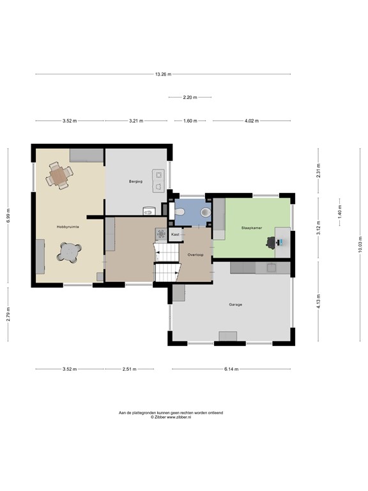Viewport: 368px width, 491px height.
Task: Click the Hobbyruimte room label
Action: click(67, 226)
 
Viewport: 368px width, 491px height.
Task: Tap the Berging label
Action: click(135, 182)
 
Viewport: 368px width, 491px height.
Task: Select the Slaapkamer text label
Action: click(251, 227)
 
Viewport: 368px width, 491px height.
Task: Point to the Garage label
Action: click(236, 304)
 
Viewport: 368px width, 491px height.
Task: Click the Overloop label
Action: click(195, 254)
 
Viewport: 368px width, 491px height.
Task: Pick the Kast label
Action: click(175, 235)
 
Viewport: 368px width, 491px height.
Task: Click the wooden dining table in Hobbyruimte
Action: click(59, 176)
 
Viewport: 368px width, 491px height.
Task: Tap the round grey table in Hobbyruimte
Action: click(69, 253)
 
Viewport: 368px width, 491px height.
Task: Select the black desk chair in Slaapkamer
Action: click(272, 242)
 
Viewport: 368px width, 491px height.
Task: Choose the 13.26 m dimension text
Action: click(163, 75)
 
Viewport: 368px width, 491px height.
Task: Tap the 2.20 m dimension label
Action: click(190, 98)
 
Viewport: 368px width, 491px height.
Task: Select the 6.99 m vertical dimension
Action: click(9, 217)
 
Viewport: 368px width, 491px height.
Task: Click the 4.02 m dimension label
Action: click(252, 121)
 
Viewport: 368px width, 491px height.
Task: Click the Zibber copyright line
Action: click(171, 417)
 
